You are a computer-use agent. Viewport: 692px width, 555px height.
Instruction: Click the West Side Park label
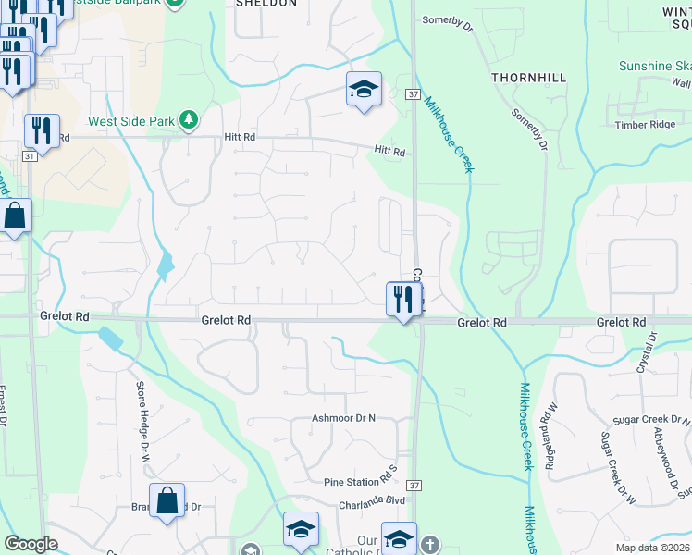(x=132, y=121)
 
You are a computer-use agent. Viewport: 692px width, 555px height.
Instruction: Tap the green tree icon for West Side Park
(x=189, y=120)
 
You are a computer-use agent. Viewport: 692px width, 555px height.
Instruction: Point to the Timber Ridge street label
(x=645, y=125)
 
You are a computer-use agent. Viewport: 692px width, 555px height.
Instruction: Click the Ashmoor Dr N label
(x=344, y=418)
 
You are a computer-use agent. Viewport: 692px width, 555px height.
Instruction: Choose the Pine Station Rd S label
(x=360, y=482)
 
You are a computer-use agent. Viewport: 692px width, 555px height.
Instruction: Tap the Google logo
(x=31, y=544)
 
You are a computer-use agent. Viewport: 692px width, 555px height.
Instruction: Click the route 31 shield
(x=31, y=157)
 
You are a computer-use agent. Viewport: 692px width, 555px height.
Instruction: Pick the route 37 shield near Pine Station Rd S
(x=414, y=485)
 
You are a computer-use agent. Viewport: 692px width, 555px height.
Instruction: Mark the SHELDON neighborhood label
(x=266, y=4)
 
